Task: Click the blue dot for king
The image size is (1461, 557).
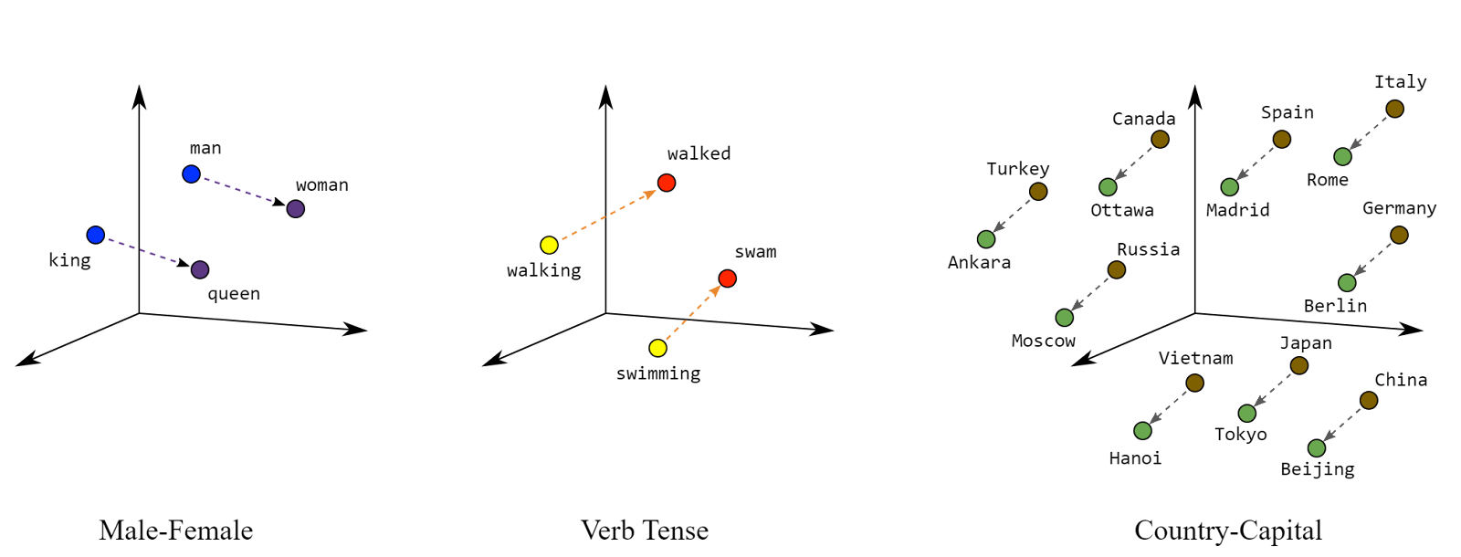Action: (95, 235)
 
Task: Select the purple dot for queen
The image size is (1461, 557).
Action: (200, 269)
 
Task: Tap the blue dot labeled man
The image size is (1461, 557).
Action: (191, 174)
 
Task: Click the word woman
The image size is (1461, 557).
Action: (322, 185)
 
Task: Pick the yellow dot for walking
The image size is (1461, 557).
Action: (549, 246)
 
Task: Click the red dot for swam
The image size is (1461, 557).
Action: (727, 278)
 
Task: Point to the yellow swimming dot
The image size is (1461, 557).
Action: (658, 348)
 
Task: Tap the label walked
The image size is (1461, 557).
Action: (699, 154)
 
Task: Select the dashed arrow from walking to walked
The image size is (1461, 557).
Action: (608, 215)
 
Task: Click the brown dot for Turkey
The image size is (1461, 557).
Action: (1038, 192)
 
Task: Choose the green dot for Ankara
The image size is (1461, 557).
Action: (986, 239)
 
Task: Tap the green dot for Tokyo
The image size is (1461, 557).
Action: (1247, 414)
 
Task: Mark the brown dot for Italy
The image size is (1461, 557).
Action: (1395, 109)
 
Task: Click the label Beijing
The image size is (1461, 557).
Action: (1318, 469)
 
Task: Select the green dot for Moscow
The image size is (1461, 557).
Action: (1065, 318)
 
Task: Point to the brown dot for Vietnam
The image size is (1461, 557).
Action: (1195, 383)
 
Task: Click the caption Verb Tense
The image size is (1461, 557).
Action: (645, 531)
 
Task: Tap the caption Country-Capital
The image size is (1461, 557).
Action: (1228, 531)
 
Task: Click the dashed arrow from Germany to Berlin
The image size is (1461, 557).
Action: (1373, 259)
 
